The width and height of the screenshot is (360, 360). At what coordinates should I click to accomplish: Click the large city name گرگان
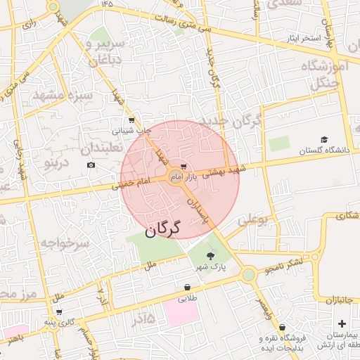(x=162, y=229)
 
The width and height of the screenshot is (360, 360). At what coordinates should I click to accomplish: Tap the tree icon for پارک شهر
(x=211, y=256)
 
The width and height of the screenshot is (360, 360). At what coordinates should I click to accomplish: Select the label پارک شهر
(x=209, y=269)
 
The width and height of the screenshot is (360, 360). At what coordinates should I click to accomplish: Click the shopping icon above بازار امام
(x=184, y=166)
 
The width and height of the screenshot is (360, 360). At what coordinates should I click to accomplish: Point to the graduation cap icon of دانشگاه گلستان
(x=324, y=139)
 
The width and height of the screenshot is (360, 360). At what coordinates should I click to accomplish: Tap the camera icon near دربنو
(x=91, y=165)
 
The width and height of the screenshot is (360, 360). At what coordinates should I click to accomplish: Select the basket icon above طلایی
(x=187, y=287)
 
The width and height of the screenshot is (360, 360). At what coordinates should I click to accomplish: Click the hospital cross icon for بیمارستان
(x=342, y=324)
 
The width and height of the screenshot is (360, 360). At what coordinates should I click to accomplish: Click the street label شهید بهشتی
(x=225, y=172)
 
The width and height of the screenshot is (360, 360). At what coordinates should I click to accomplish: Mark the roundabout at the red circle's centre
(x=176, y=176)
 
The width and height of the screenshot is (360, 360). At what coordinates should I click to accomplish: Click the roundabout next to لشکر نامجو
(x=248, y=274)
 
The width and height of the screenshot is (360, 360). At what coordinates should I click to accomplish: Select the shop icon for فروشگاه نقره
(x=282, y=327)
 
